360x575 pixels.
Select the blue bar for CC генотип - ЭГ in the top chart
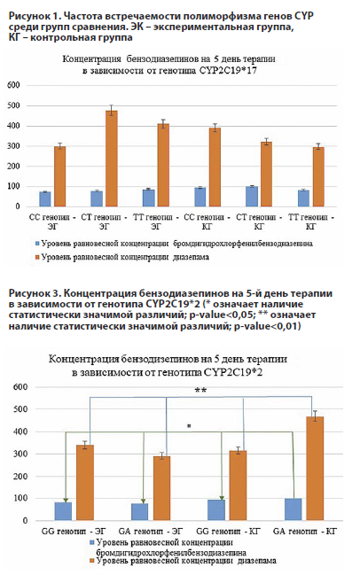coord(44,198)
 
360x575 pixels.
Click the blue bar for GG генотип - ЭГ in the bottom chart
coord(63,511)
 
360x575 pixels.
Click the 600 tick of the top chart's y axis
coord(13,85)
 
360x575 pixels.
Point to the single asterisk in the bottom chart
coord(188,427)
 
